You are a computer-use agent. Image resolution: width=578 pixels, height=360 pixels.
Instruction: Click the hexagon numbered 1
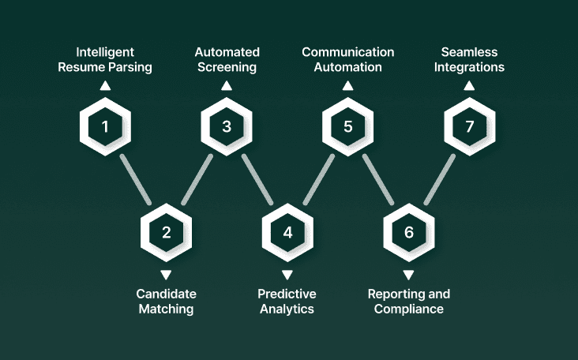pos(105,126)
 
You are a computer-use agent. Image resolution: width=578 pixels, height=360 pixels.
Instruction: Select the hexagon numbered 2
pos(166,232)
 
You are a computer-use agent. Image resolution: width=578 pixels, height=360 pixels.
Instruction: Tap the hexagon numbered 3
pos(227,126)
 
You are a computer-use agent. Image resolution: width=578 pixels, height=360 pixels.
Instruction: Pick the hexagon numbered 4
pos(287,232)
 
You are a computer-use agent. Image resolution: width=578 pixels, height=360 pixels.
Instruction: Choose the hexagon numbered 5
pos(348,126)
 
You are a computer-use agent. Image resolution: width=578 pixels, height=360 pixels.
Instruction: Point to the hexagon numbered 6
pos(409,232)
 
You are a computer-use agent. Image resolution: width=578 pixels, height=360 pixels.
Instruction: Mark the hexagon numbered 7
pos(470,126)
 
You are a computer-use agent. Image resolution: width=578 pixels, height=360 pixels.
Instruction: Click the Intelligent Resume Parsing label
pos(105,60)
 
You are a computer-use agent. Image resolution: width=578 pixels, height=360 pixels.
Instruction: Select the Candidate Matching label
pos(166,301)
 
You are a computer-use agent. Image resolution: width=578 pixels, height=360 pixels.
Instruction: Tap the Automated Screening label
pos(227,60)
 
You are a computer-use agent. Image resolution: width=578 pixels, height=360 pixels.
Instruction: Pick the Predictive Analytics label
pos(287,301)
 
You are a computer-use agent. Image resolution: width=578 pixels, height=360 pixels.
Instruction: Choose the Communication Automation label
pos(348,60)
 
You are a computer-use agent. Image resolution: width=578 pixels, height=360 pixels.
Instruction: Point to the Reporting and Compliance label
pos(409,301)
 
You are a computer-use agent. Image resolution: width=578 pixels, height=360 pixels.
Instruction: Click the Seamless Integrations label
pos(470,60)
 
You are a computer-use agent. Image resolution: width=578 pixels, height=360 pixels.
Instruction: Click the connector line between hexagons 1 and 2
pos(135,179)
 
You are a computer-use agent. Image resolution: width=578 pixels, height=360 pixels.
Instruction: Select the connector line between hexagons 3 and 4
pos(257,179)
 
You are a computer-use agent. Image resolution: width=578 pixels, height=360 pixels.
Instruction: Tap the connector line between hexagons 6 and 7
pos(440,179)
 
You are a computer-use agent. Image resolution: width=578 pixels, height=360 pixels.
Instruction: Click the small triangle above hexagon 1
pos(105,85)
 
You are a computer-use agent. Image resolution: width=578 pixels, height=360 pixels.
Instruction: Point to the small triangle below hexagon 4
pos(287,275)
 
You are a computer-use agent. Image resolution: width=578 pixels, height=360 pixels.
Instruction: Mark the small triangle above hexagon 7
pos(470,85)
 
